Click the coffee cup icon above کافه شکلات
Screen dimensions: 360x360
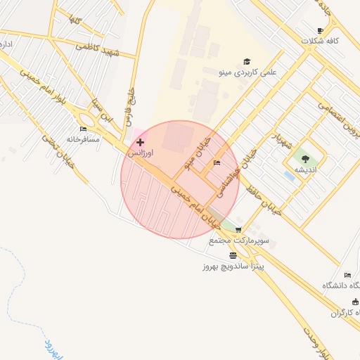pos(321,30)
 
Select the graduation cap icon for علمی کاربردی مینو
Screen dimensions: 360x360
pos(246,61)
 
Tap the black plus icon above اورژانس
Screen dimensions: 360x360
pos(140,142)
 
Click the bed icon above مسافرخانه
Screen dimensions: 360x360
pos(84,129)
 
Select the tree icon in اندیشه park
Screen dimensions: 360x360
pos(304,159)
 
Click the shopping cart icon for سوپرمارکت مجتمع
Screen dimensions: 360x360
pos(238,230)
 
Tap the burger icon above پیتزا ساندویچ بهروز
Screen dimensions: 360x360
pos(233,255)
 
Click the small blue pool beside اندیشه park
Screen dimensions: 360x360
pos(288,175)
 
